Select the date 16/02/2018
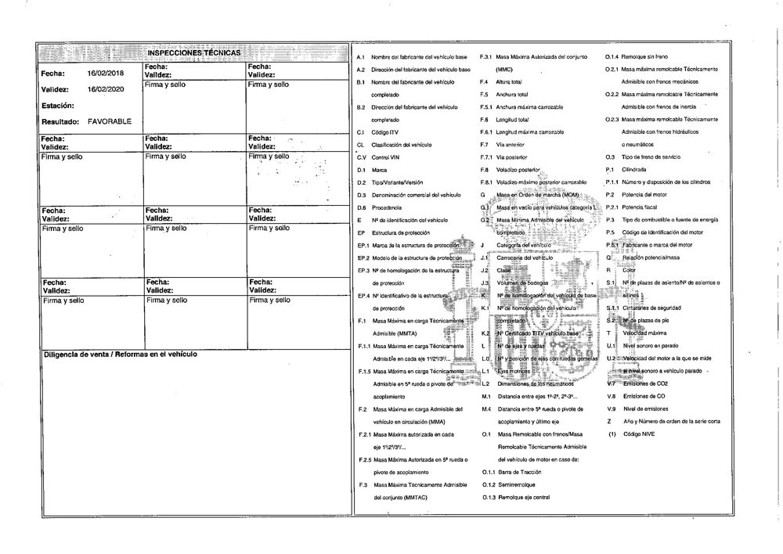coord(106,73)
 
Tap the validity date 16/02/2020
coord(106,89)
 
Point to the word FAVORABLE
coord(110,122)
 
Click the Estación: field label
coord(58,105)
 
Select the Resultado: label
coord(61,122)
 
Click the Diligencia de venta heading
coord(119,354)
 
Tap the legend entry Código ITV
coord(385,131)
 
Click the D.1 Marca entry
coord(379,169)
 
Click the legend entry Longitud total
coord(513,119)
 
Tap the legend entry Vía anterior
coord(511,144)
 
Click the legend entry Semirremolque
coord(518,484)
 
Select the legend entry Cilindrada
coord(633,169)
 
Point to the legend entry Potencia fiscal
coord(639,207)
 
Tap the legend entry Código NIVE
coord(636,433)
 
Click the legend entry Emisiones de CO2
coord(644,383)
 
